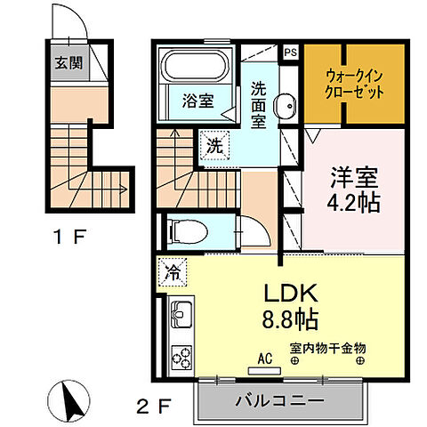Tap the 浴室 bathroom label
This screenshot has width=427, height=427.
[198, 101]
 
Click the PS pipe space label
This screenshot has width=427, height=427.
[290, 52]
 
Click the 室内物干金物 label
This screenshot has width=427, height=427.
[327, 350]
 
